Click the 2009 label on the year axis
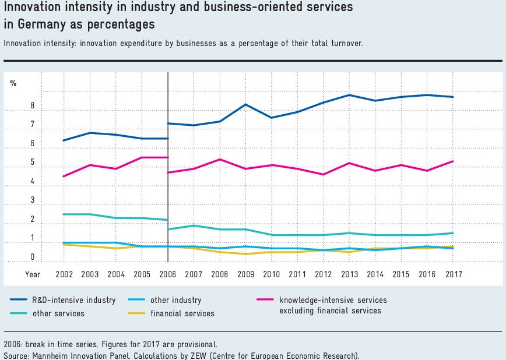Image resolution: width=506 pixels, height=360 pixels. point(245,273)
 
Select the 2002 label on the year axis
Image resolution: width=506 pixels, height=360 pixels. point(64,273)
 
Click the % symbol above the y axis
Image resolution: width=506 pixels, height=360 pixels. point(13,83)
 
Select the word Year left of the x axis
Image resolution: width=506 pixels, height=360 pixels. point(33,273)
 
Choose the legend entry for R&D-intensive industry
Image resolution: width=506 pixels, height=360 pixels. point(64,300)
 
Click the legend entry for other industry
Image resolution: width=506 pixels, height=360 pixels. point(175,300)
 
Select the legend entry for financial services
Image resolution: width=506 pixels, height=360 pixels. point(182,313)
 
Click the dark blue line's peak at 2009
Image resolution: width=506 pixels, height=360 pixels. point(245,104)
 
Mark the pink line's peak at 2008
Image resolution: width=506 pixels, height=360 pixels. point(219,159)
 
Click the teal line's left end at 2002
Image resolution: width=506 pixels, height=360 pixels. point(64,214)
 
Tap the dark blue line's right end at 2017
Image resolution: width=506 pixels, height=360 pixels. point(453,97)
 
